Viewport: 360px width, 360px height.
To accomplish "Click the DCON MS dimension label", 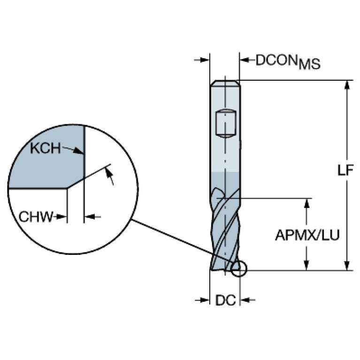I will point(287,61).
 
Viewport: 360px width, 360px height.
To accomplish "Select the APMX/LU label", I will point(307,235).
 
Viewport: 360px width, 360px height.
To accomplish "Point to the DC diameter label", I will point(225,300).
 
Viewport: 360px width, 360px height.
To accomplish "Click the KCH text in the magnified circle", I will point(45,149).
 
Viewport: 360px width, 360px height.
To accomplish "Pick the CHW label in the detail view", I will point(36,216).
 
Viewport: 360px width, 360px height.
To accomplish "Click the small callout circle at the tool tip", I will point(238,268).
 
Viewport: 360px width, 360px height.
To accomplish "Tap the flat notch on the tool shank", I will point(225,123).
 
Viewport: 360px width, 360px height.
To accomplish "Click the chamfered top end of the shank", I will point(225,83).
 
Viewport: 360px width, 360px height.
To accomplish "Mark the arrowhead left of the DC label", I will point(205,300).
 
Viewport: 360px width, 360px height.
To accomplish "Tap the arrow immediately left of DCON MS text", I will point(245,60).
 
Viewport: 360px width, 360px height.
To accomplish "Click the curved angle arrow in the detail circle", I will point(111,176).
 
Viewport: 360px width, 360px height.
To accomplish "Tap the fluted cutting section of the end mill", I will point(224,230).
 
